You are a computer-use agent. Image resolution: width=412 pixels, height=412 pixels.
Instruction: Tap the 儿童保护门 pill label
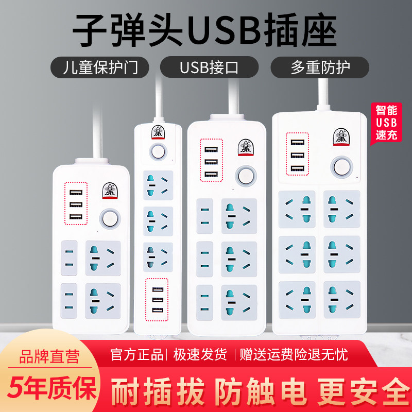click(100, 67)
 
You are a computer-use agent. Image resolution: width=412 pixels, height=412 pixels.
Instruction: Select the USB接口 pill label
click(209, 67)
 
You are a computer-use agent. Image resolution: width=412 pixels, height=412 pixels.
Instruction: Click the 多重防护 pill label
click(320, 67)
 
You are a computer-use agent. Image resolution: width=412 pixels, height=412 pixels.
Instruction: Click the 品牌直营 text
click(49, 356)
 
